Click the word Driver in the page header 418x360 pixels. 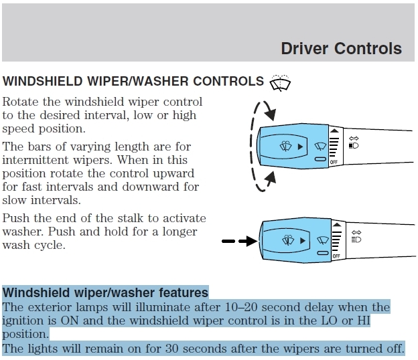(304, 48)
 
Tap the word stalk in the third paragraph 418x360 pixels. (138, 219)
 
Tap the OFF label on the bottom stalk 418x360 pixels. (336, 256)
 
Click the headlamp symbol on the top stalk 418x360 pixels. (355, 145)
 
